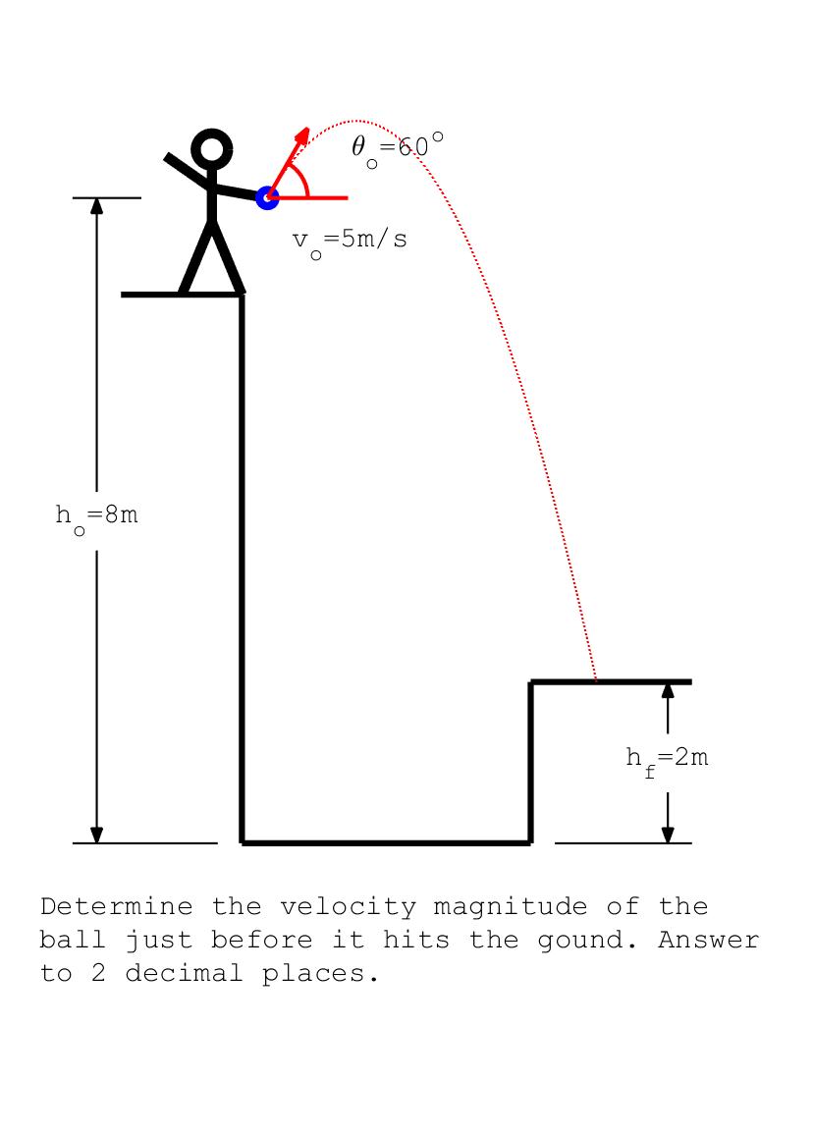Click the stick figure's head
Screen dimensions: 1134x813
pos(211,150)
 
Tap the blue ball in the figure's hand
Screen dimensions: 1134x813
pos(266,197)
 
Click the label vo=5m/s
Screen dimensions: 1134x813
pos(350,240)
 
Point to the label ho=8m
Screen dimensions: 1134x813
pos(96,515)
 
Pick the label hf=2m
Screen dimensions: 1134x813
pos(667,758)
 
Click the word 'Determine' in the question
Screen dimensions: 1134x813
pos(116,906)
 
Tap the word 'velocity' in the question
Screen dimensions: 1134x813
pos(348,906)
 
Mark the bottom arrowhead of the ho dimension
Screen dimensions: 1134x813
pos(96,835)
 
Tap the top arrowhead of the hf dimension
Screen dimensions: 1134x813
pos(668,689)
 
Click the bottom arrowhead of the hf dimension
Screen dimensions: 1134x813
pos(668,835)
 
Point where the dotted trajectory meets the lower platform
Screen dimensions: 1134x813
pos(596,679)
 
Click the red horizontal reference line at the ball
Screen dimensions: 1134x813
pos(324,197)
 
